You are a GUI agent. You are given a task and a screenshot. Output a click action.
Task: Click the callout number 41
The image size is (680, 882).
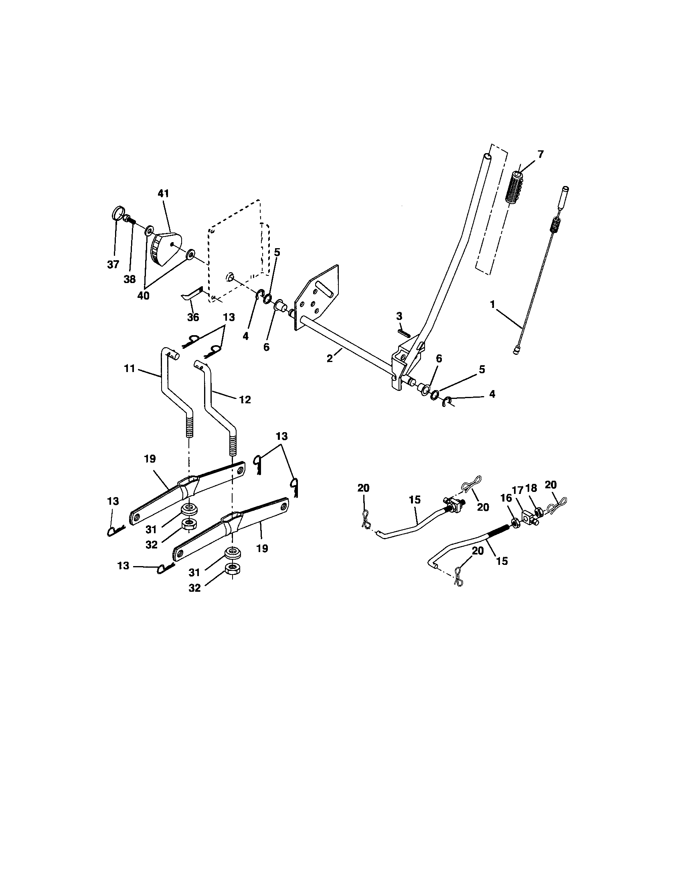click(164, 194)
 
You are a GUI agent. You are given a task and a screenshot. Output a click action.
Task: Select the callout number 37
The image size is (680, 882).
click(113, 265)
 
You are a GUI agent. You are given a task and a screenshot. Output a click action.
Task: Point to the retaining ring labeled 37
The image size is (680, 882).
click(117, 213)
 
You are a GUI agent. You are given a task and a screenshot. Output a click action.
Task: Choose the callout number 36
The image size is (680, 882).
click(193, 318)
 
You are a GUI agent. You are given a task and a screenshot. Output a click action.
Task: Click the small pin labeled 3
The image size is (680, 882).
click(404, 332)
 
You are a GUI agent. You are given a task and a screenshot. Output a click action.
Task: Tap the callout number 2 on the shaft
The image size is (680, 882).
click(330, 358)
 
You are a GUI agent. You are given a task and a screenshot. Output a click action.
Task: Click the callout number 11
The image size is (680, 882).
click(129, 369)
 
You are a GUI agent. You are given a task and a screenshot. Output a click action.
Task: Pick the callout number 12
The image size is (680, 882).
click(245, 399)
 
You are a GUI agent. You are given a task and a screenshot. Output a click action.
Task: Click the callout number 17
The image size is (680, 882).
click(518, 490)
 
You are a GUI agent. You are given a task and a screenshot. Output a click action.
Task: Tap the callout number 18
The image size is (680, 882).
click(531, 488)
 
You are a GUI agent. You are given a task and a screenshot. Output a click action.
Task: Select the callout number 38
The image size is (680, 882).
click(130, 279)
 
